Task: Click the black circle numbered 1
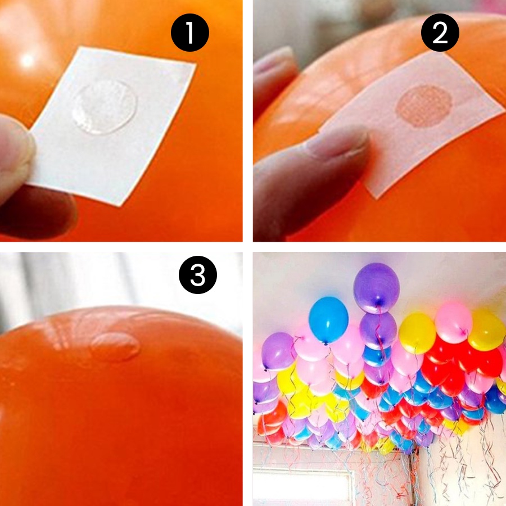tap(190, 33)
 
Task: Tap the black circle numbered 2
tap(440, 33)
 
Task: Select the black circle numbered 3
tap(197, 275)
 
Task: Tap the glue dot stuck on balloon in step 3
tap(115, 346)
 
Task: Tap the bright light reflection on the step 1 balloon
tap(27, 60)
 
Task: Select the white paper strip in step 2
tap(410, 124)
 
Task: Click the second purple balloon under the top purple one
tap(378, 330)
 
